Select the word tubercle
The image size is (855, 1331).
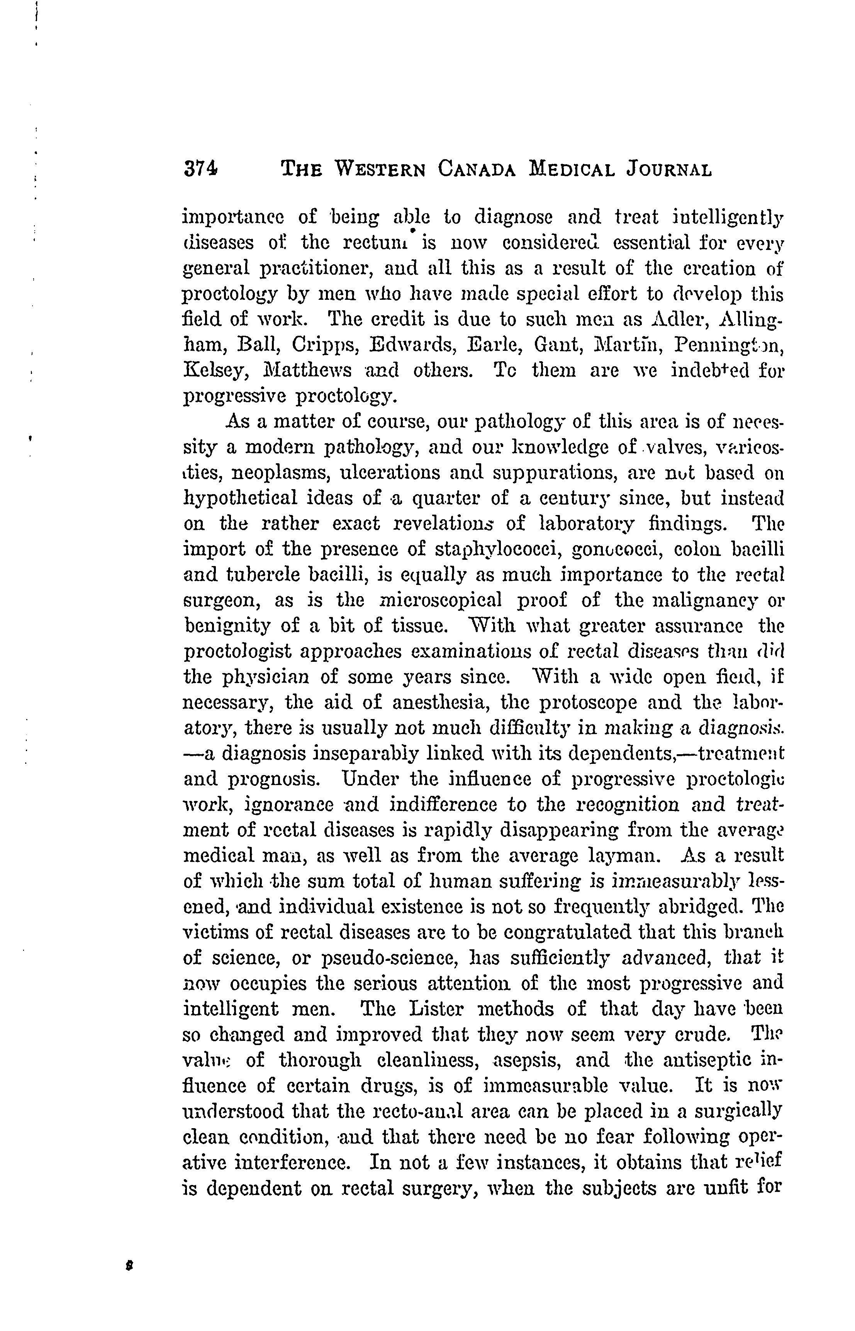259,575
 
